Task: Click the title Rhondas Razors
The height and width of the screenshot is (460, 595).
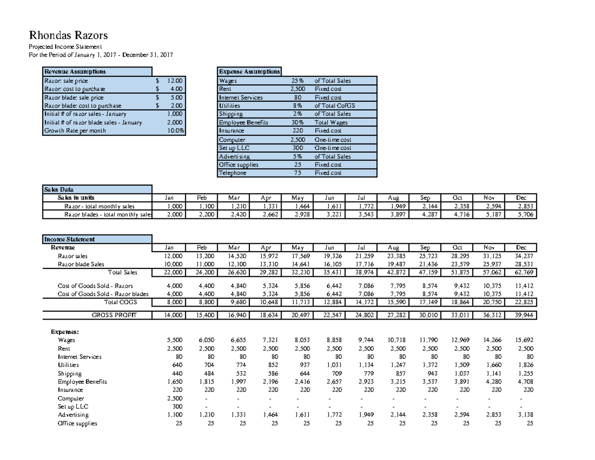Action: (68, 36)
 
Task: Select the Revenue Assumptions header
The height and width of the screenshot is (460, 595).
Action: (74, 72)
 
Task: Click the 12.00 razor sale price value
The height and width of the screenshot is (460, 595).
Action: (175, 80)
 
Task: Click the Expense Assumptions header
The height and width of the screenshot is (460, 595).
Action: (249, 72)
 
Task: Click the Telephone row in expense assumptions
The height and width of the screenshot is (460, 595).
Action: (233, 173)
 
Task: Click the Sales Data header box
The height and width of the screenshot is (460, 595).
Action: (97, 189)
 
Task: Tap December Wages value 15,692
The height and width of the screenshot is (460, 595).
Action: (525, 340)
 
